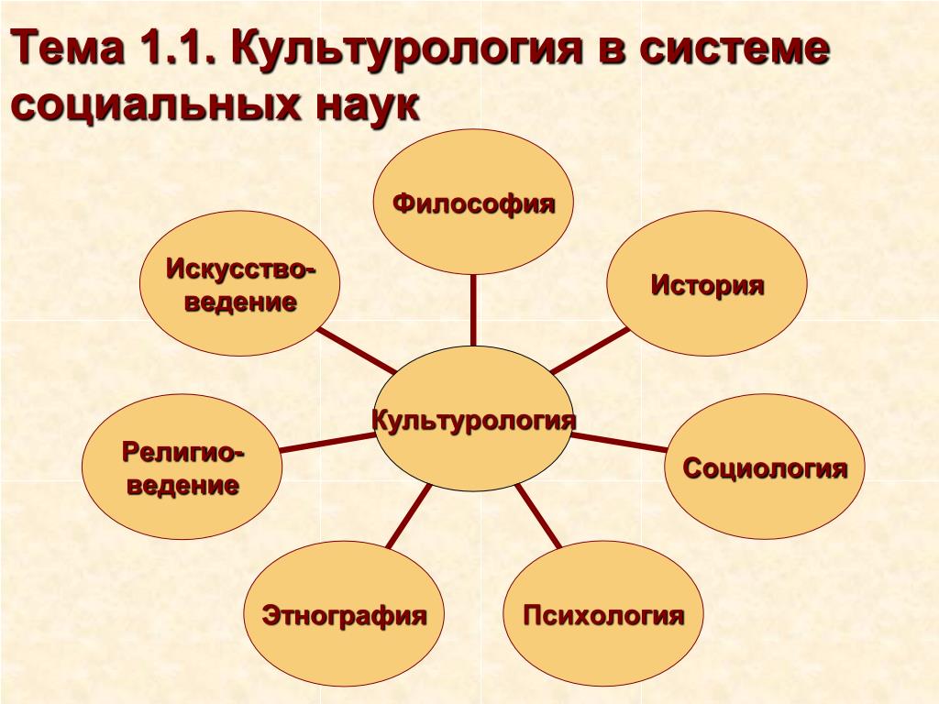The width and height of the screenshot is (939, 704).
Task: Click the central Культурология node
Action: (x=473, y=419)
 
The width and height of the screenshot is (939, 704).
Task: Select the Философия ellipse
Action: (x=473, y=203)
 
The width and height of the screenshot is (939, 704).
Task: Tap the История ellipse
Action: (x=707, y=283)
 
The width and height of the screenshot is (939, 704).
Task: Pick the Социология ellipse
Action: (x=765, y=467)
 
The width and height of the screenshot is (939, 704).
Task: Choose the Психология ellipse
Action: (x=603, y=613)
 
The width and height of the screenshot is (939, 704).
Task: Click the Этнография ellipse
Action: (x=344, y=613)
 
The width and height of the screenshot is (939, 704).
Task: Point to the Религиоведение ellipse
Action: (x=182, y=467)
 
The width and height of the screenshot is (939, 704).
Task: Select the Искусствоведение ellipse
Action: (x=239, y=283)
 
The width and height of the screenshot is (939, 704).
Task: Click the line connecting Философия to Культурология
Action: (x=473, y=311)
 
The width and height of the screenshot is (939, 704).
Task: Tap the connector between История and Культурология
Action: (x=590, y=351)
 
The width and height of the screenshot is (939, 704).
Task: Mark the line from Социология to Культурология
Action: (x=619, y=443)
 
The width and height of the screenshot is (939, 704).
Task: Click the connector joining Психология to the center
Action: (x=538, y=516)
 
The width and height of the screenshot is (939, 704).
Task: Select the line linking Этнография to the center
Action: (x=409, y=516)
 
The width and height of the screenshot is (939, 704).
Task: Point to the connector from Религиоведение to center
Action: (x=327, y=443)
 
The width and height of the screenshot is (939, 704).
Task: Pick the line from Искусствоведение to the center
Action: (x=357, y=351)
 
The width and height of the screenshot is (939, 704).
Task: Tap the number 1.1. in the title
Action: (x=178, y=47)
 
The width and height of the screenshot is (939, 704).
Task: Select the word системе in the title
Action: (x=735, y=48)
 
